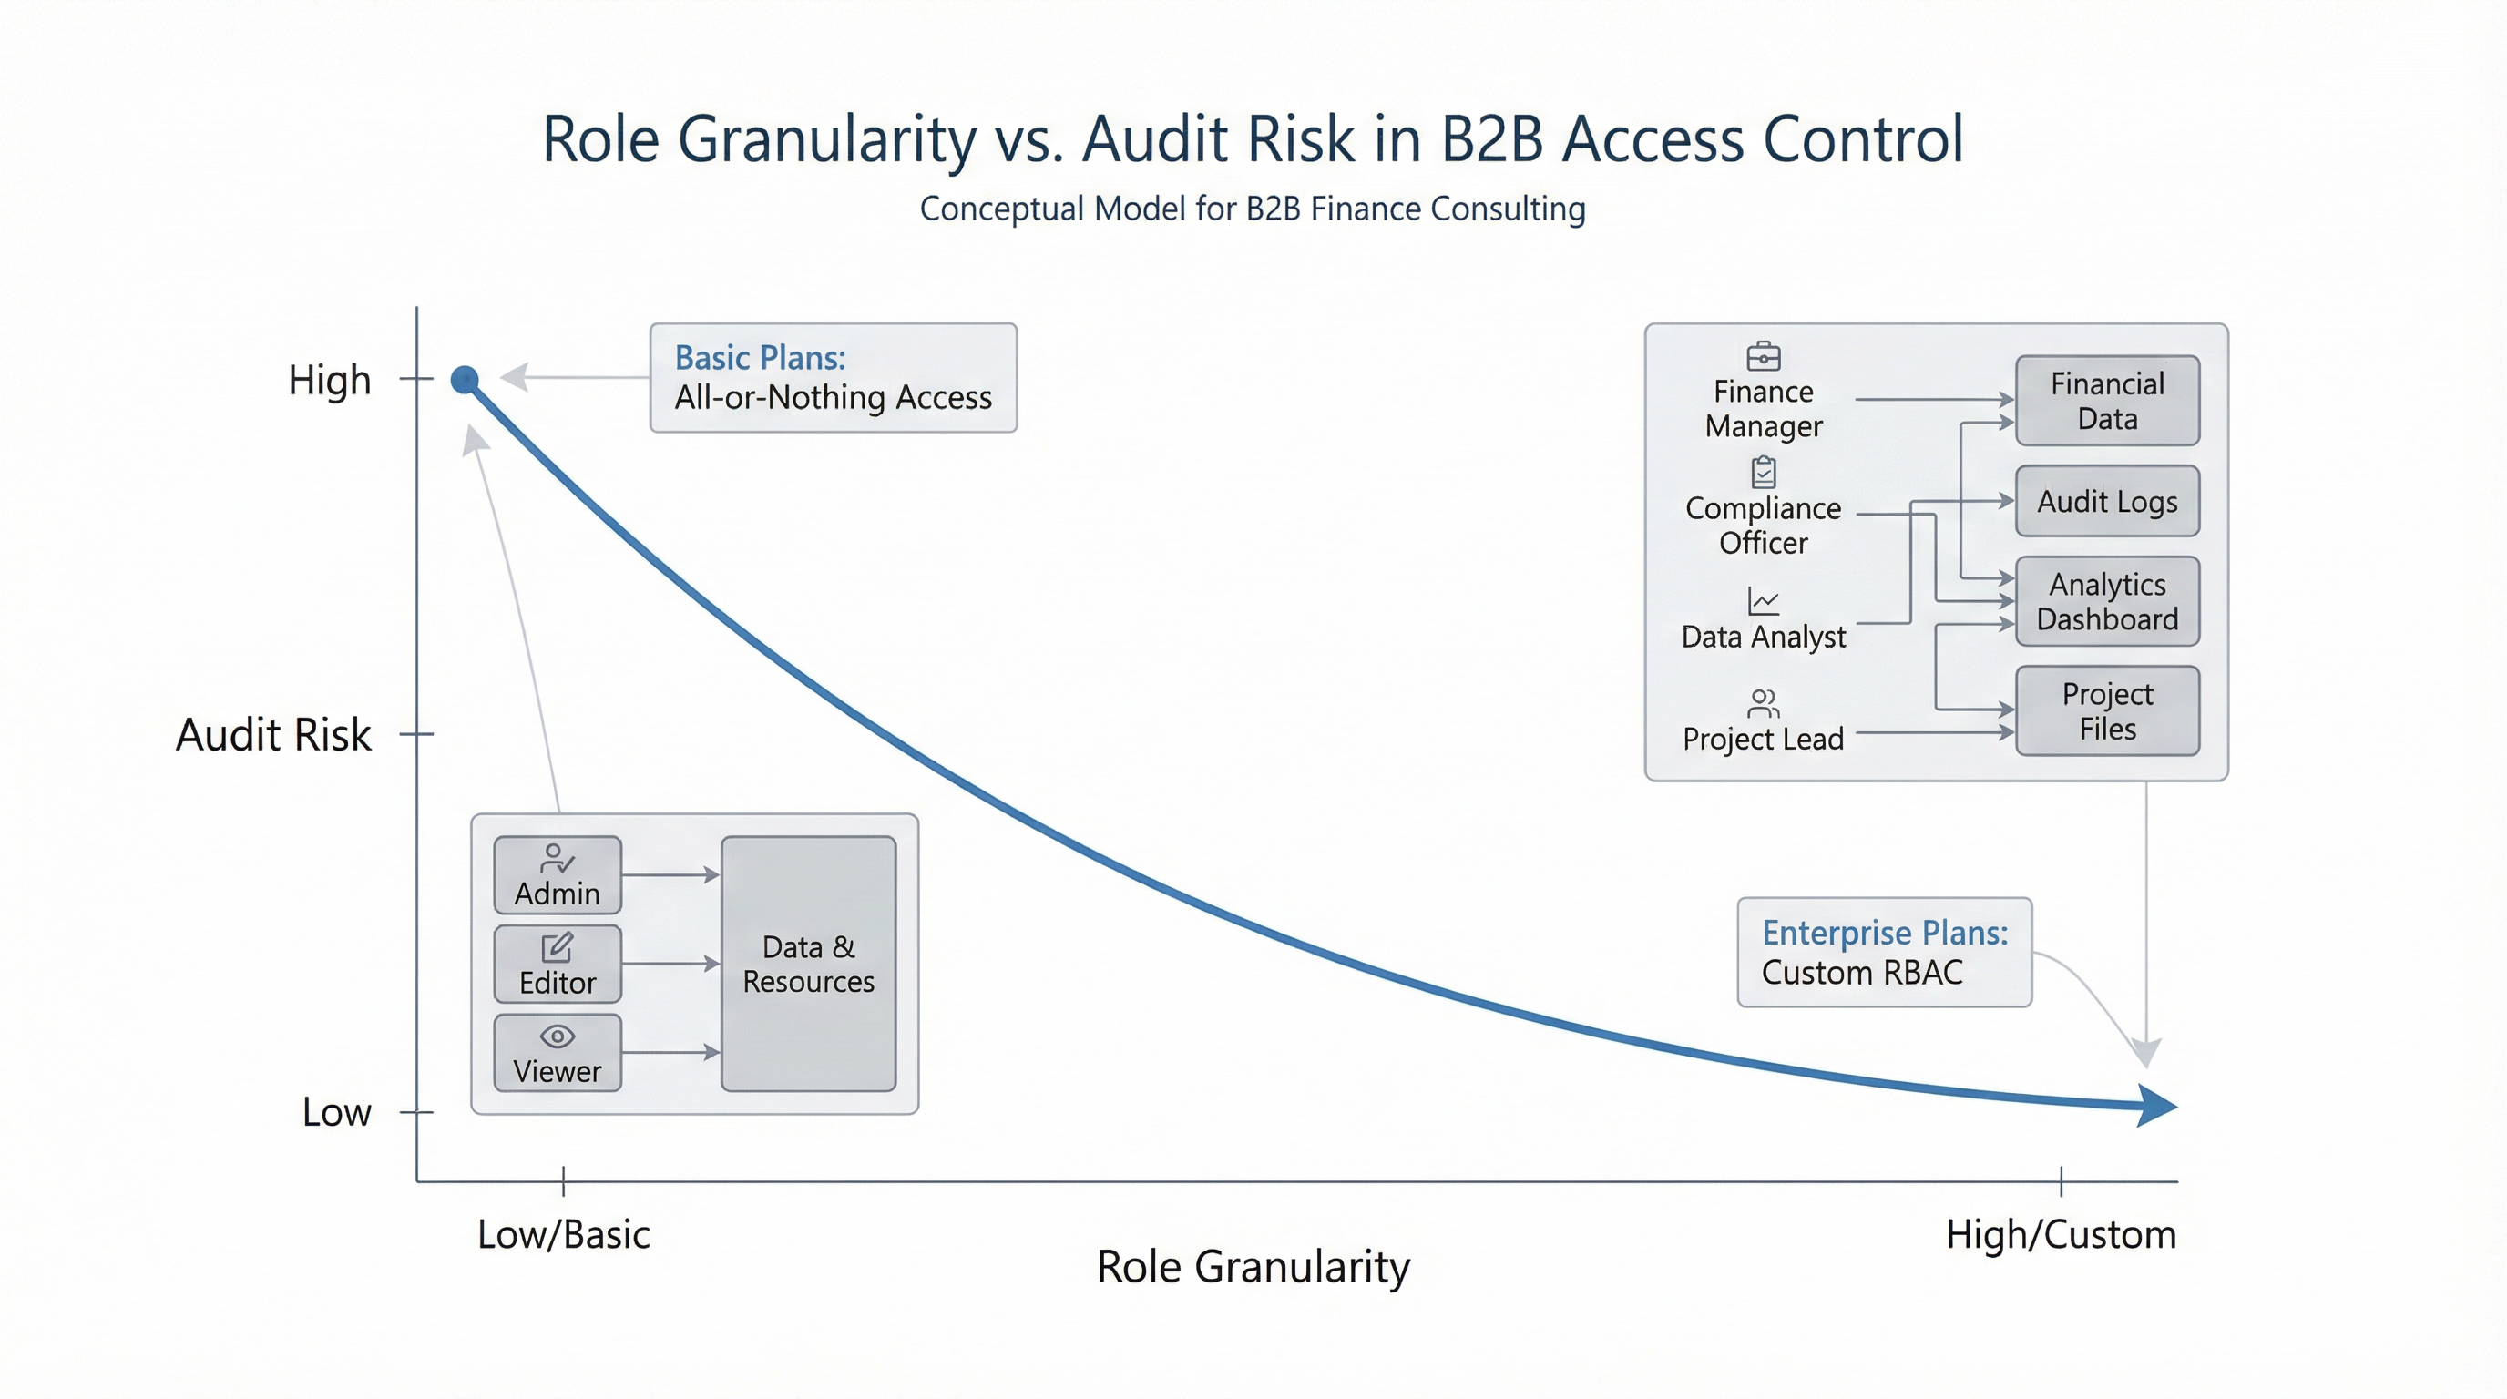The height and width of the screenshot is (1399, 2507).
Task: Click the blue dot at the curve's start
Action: pos(466,380)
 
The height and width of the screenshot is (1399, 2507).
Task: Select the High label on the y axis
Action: pos(329,380)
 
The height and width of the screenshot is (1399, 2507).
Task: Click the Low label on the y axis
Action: pos(336,1111)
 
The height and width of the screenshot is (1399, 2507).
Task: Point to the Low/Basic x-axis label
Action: pos(564,1233)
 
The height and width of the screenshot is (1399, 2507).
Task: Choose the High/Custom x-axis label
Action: pos(2061,1233)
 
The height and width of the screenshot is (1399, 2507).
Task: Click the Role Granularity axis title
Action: pos(1253,1266)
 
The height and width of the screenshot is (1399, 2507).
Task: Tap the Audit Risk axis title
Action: pos(272,733)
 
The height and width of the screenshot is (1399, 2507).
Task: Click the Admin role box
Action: pos(557,874)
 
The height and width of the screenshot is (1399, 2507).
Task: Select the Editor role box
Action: pos(557,963)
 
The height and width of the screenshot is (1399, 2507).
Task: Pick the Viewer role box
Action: pos(557,1053)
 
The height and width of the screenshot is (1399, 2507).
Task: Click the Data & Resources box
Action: pos(808,963)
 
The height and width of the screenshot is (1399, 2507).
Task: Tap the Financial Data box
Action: pos(2107,401)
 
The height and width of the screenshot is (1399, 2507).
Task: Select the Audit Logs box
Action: pos(2107,501)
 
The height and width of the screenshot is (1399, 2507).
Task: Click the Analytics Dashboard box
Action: pos(2107,601)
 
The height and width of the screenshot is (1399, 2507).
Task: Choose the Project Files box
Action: pos(2107,710)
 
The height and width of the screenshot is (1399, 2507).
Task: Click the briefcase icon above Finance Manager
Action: pos(1763,356)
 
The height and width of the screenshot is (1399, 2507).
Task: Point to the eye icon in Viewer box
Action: pos(557,1036)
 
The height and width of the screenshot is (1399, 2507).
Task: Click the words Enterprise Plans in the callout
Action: pos(1884,932)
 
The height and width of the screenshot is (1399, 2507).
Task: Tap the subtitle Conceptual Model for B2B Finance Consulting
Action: pos(1253,209)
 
